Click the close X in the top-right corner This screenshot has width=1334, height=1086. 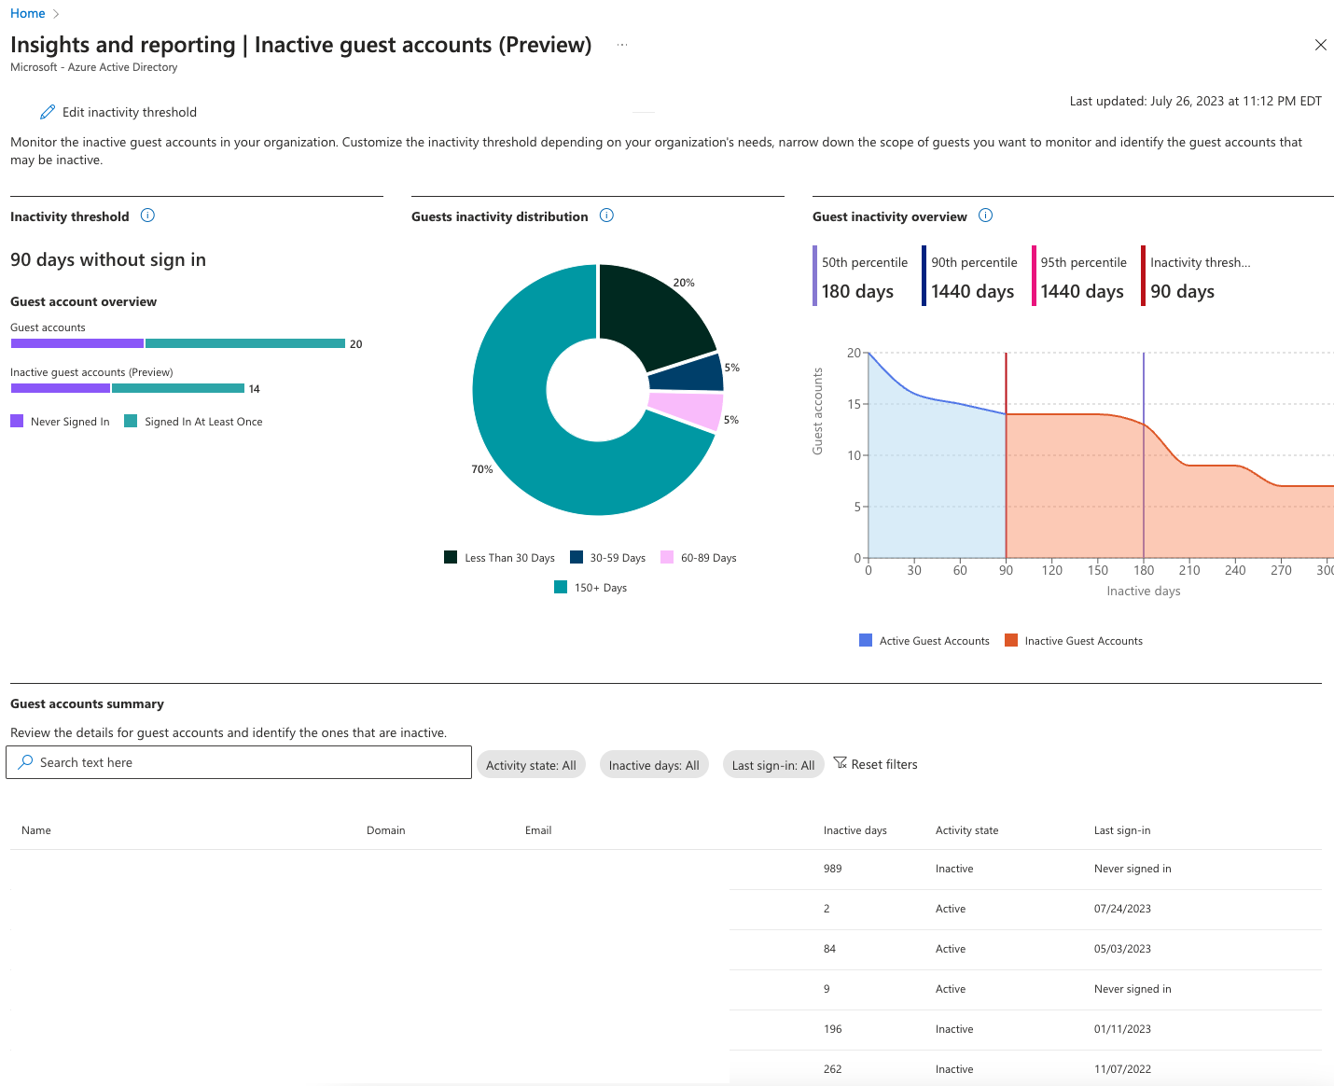point(1320,45)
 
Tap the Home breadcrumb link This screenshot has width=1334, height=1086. point(27,13)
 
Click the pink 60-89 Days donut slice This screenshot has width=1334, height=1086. point(686,410)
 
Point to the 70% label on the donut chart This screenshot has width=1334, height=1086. point(481,469)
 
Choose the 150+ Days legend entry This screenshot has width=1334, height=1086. point(591,588)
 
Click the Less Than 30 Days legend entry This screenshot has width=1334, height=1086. point(500,558)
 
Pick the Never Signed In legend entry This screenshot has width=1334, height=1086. point(61,422)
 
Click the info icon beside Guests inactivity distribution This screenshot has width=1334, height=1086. point(606,216)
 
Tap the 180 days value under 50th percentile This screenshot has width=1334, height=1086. point(857,292)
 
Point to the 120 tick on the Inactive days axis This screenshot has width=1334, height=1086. point(1051,570)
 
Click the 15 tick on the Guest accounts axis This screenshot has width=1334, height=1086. point(854,404)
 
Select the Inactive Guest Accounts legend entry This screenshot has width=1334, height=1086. point(1074,641)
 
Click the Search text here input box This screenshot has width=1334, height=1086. point(239,762)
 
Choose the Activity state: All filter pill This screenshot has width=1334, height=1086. point(531,765)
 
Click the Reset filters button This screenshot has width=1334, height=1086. point(875,764)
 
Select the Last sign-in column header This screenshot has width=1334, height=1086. point(1121,830)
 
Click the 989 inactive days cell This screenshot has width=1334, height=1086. point(832,869)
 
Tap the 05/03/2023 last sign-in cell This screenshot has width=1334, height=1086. point(1122,949)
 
